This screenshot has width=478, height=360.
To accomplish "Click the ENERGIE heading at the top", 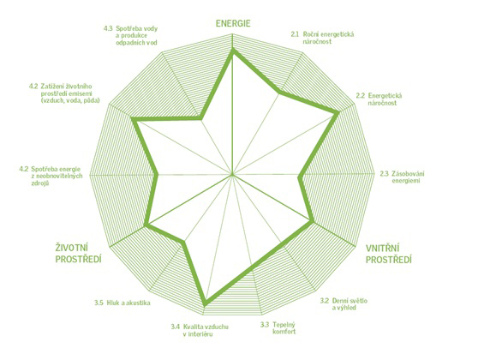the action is pyautogui.click(x=233, y=23).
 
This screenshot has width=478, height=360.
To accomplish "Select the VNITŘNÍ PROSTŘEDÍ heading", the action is pyautogui.click(x=389, y=254).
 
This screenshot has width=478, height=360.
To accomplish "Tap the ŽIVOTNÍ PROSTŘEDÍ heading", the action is pyautogui.click(x=78, y=254).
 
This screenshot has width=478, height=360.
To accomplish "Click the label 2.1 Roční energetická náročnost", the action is pyautogui.click(x=322, y=38).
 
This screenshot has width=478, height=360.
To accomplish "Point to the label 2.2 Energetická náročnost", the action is pyautogui.click(x=379, y=99).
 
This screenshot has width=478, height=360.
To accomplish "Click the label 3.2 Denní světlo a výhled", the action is pyautogui.click(x=344, y=304).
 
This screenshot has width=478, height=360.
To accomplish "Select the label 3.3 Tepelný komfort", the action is pyautogui.click(x=278, y=327).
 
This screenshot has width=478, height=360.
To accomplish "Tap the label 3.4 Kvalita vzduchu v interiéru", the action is pyautogui.click(x=200, y=330).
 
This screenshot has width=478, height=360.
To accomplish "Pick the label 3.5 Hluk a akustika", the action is pyautogui.click(x=122, y=303).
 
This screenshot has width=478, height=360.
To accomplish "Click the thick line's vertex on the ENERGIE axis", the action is pyautogui.click(x=233, y=51).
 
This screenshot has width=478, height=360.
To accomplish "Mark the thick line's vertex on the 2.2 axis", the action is pyautogui.click(x=338, y=113).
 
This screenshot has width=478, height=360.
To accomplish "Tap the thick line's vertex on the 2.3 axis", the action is pyautogui.click(x=301, y=175).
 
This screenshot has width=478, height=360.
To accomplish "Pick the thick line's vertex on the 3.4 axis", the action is pyautogui.click(x=206, y=303).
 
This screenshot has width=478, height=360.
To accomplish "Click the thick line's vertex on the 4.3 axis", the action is pyautogui.click(x=201, y=118).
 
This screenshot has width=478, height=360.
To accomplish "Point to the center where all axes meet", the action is pyautogui.click(x=233, y=175).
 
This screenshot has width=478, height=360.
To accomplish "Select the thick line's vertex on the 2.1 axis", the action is pyautogui.click(x=279, y=93).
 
